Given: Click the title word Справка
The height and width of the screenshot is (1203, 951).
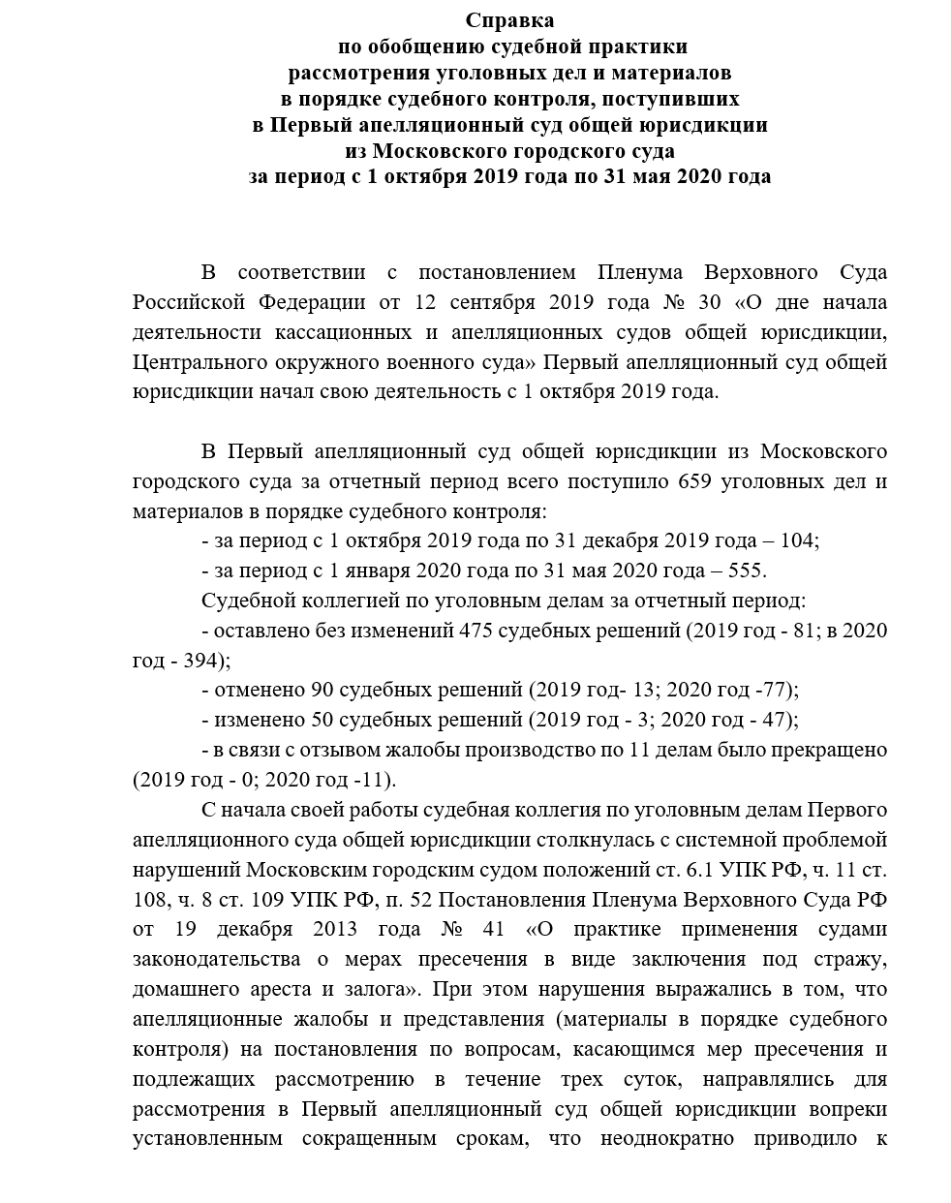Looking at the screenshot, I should tap(510, 19).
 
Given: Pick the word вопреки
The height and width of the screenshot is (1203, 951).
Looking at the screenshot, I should tap(851, 1108).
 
